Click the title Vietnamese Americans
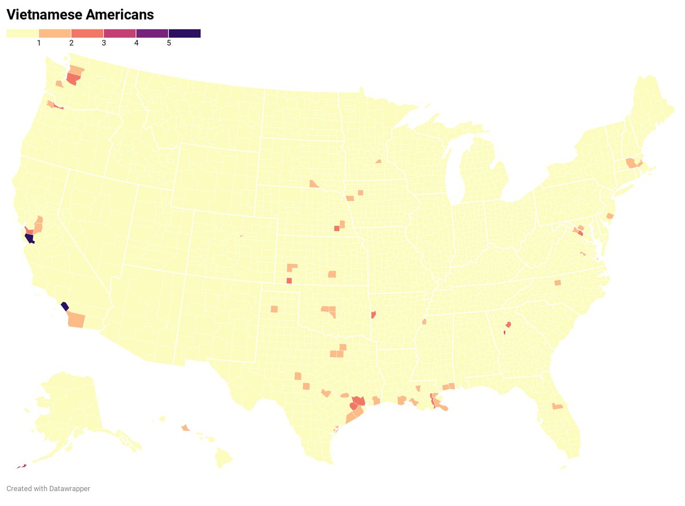(x=80, y=15)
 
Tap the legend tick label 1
(x=39, y=43)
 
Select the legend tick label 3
(x=104, y=43)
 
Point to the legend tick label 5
(x=169, y=43)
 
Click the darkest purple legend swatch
(x=184, y=34)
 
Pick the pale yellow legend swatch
(x=22, y=34)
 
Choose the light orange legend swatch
(x=55, y=34)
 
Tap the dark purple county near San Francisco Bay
(x=29, y=239)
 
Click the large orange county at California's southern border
(x=76, y=320)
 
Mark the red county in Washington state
(x=72, y=79)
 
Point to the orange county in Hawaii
(x=185, y=427)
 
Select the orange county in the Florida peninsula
(x=557, y=406)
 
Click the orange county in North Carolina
(x=557, y=283)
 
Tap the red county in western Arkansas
(x=373, y=315)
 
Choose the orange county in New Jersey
(x=610, y=216)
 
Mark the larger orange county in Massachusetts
(x=631, y=163)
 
